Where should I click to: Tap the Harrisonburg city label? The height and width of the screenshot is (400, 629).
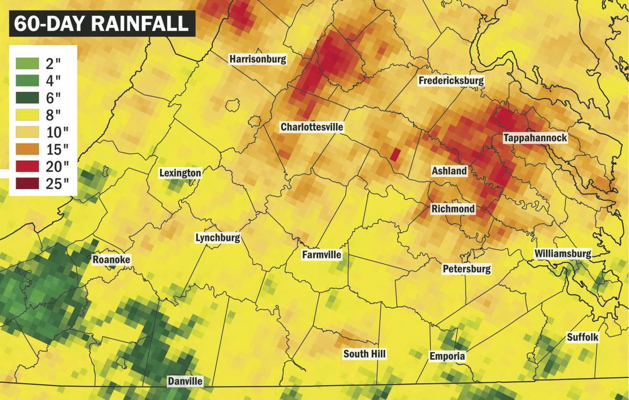(x=258, y=59)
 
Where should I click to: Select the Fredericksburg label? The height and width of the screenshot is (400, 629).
(x=451, y=81)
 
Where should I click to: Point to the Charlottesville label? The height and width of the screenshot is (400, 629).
(x=312, y=127)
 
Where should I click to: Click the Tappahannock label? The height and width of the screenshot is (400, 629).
(x=535, y=138)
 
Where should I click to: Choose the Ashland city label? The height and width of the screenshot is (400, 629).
(x=449, y=171)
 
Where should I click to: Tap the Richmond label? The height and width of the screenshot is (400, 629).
(x=453, y=209)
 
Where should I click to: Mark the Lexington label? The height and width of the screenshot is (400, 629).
(x=180, y=172)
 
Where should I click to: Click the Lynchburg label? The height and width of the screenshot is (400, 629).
(x=218, y=237)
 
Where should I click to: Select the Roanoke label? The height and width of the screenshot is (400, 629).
(x=111, y=260)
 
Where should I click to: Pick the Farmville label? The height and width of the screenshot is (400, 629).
(x=321, y=255)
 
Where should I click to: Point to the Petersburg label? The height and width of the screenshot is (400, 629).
(x=467, y=269)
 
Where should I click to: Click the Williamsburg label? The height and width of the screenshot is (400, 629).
(x=563, y=254)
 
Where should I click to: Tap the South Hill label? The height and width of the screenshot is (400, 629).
(x=364, y=354)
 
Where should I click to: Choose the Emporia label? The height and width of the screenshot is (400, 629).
(x=447, y=356)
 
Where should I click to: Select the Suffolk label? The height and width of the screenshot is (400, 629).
(x=582, y=338)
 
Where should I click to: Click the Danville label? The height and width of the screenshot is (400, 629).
(x=185, y=381)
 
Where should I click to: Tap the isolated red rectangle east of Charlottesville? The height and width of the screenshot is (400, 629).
(x=396, y=154)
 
